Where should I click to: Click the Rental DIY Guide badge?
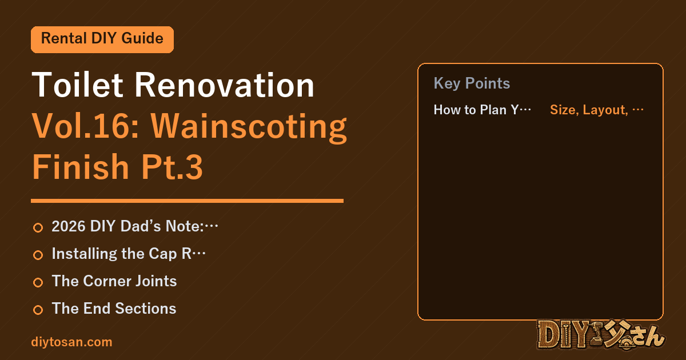(x=102, y=39)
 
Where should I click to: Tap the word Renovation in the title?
(x=225, y=85)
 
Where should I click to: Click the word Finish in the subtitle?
(x=81, y=166)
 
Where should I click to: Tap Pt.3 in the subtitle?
(x=172, y=167)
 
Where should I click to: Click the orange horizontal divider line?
(x=187, y=201)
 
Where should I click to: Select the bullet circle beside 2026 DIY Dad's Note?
(x=38, y=227)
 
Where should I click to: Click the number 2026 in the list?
(x=69, y=226)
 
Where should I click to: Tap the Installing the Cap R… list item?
(x=129, y=254)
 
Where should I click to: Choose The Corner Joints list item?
(x=114, y=281)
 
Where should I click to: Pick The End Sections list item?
(x=114, y=308)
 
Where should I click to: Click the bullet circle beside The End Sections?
(x=38, y=310)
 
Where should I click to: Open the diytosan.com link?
(x=71, y=342)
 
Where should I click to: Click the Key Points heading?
(x=472, y=83)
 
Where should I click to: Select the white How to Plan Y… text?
(x=482, y=110)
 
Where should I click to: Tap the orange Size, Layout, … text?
(x=597, y=110)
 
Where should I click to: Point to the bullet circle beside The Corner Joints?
(x=38, y=282)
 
